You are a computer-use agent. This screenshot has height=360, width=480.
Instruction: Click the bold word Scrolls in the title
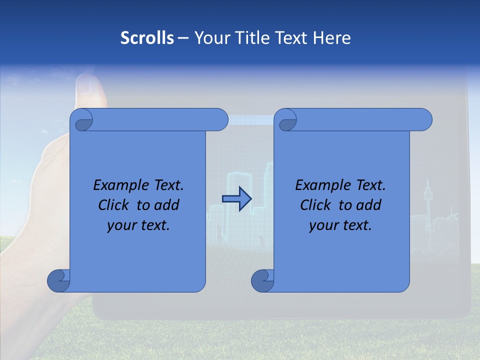point(147,38)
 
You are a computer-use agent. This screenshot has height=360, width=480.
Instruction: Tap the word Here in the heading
point(332,38)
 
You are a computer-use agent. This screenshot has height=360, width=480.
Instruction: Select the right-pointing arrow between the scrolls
point(236,199)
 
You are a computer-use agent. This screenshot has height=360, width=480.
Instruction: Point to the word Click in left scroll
point(114,205)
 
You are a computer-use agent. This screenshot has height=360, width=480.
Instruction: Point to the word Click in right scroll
point(316,205)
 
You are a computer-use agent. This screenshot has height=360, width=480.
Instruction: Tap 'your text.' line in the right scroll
point(340,225)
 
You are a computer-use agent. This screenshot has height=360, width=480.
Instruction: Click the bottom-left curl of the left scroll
point(58,280)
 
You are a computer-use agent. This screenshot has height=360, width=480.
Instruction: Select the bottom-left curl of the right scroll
point(262,280)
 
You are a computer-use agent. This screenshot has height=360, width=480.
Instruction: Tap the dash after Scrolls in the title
point(183,38)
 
